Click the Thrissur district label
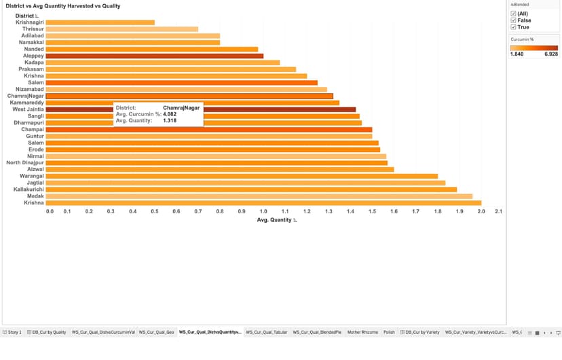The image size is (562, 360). click(x=33, y=29)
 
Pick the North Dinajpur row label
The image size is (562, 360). click(x=25, y=162)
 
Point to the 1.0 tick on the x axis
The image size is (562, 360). click(x=263, y=211)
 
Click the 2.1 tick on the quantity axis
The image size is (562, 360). click(x=498, y=211)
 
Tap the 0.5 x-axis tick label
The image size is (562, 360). click(x=155, y=211)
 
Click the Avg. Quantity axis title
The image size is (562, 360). click(x=275, y=219)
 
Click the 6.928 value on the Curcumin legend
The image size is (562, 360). click(x=550, y=54)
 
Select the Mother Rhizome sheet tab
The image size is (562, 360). click(x=362, y=332)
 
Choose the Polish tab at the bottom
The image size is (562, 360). click(x=389, y=332)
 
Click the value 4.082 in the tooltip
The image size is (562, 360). click(x=170, y=114)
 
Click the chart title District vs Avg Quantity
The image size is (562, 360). click(x=62, y=5)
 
